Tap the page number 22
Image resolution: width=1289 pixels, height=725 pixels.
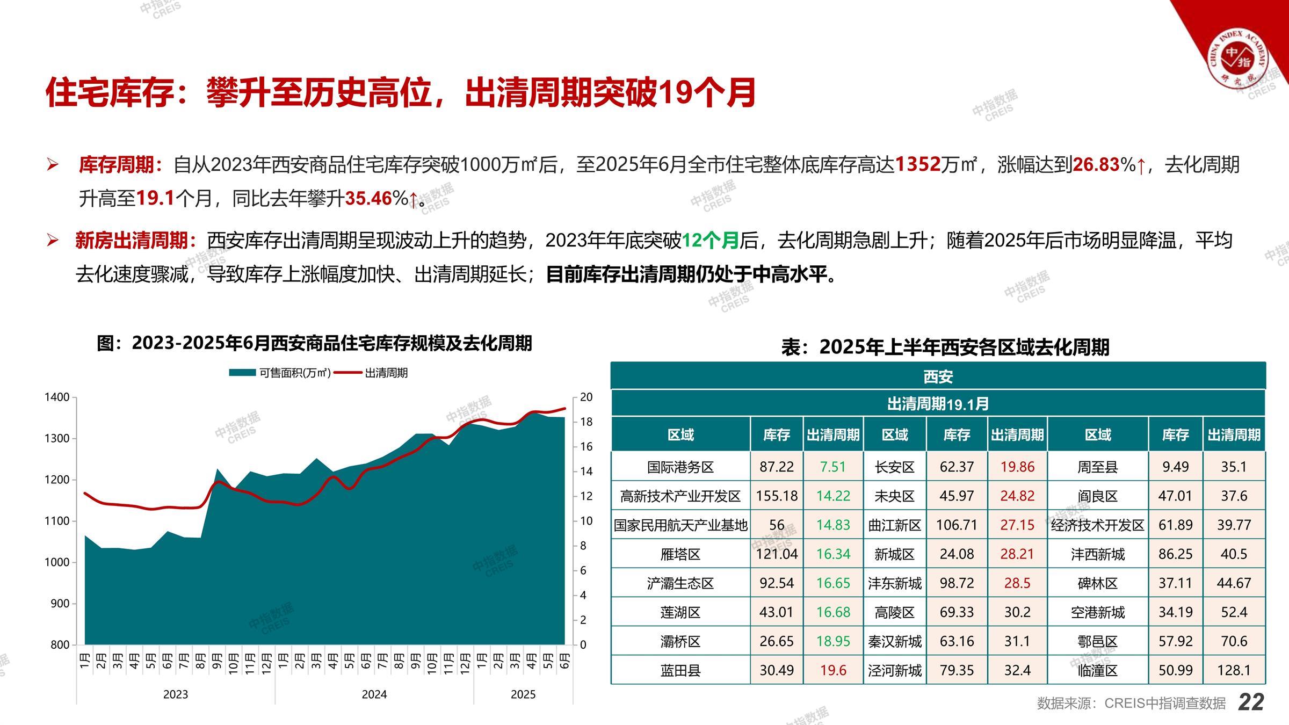[x=1251, y=702]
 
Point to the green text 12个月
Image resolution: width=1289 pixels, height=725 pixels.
[x=710, y=240]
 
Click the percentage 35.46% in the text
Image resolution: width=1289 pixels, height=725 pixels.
[x=376, y=198]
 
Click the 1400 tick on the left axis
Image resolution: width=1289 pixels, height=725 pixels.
[x=57, y=397]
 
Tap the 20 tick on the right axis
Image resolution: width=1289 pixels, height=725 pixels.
[x=586, y=397]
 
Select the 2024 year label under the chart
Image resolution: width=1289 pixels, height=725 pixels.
[x=374, y=694]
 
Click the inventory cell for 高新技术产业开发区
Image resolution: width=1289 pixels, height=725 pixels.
[x=777, y=496]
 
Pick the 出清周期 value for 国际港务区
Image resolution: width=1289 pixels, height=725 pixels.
[x=833, y=467]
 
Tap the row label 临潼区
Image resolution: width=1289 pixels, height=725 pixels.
[x=1097, y=670]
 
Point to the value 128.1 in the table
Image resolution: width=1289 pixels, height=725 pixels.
[x=1234, y=670]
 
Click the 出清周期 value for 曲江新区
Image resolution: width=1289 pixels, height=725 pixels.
[x=1017, y=525]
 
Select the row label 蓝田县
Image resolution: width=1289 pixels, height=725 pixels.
[x=680, y=670]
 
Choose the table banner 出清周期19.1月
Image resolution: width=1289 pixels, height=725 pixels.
[x=938, y=404]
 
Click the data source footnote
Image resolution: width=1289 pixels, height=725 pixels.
[x=1131, y=703]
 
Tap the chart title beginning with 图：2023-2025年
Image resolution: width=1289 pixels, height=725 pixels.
[x=314, y=343]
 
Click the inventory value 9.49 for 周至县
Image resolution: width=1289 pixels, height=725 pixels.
[x=1175, y=467]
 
